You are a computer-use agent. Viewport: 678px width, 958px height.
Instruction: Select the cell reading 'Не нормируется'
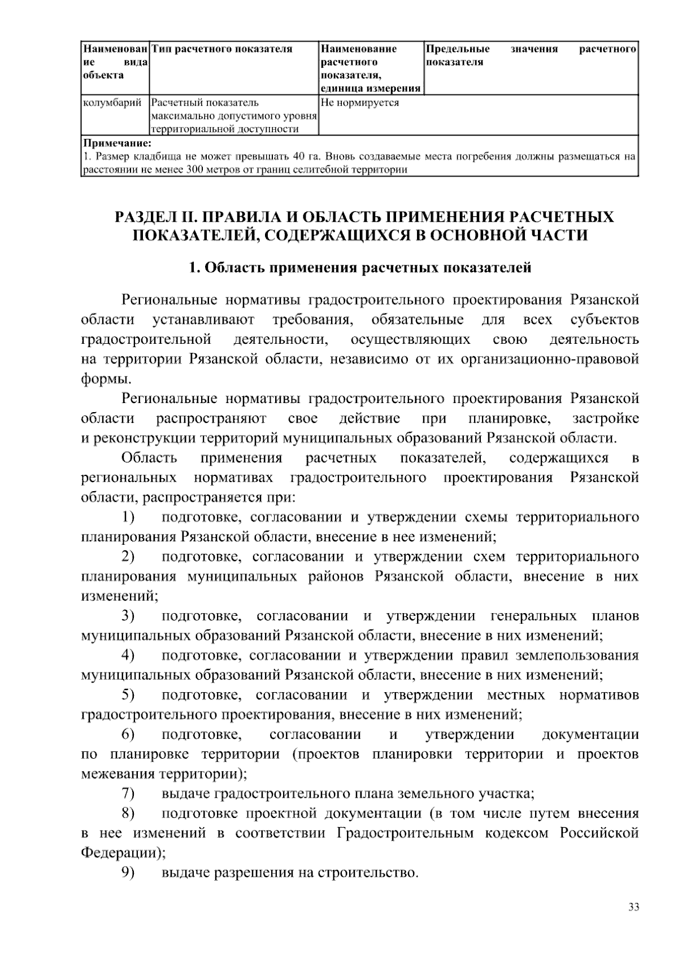pos(359,103)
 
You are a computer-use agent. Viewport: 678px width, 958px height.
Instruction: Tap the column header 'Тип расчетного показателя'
pos(222,49)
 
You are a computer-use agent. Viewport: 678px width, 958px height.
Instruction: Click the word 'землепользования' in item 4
pos(577,655)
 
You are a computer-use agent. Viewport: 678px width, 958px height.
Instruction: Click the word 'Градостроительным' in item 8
pos(405,833)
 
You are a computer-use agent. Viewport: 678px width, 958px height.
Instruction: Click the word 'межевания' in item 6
pos(118,774)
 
